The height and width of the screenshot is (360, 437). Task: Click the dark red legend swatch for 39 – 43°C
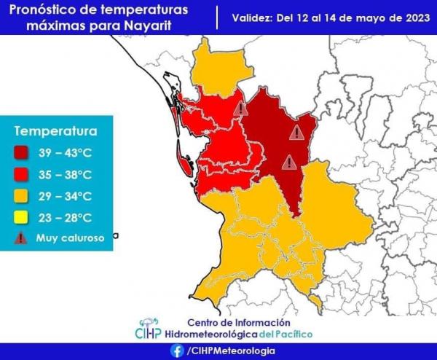pyautogui.click(x=20, y=153)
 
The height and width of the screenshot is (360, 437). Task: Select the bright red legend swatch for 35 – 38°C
pyautogui.click(x=20, y=175)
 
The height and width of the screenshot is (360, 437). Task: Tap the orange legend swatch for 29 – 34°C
pyautogui.click(x=20, y=196)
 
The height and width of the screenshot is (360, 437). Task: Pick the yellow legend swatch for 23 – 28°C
pyautogui.click(x=20, y=217)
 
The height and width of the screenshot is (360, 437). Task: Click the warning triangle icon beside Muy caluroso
pyautogui.click(x=20, y=238)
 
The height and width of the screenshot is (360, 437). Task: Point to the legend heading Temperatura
pyautogui.click(x=56, y=131)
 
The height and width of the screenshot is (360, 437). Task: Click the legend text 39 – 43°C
pyautogui.click(x=66, y=153)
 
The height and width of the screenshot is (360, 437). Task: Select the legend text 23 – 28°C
pyautogui.click(x=66, y=218)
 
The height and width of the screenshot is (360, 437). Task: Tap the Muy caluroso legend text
pyautogui.click(x=70, y=238)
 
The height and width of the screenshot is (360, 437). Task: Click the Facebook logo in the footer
pyautogui.click(x=177, y=351)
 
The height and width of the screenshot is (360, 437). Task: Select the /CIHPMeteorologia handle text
pyautogui.click(x=231, y=351)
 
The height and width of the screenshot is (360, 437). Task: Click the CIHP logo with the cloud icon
pyautogui.click(x=149, y=329)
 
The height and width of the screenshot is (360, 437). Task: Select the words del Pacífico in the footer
pyautogui.click(x=286, y=334)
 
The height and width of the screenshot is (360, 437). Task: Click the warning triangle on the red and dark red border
pyautogui.click(x=241, y=109)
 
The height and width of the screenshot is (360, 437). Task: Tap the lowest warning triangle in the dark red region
pyautogui.click(x=289, y=163)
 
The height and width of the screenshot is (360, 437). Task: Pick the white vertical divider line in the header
pyautogui.click(x=217, y=18)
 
